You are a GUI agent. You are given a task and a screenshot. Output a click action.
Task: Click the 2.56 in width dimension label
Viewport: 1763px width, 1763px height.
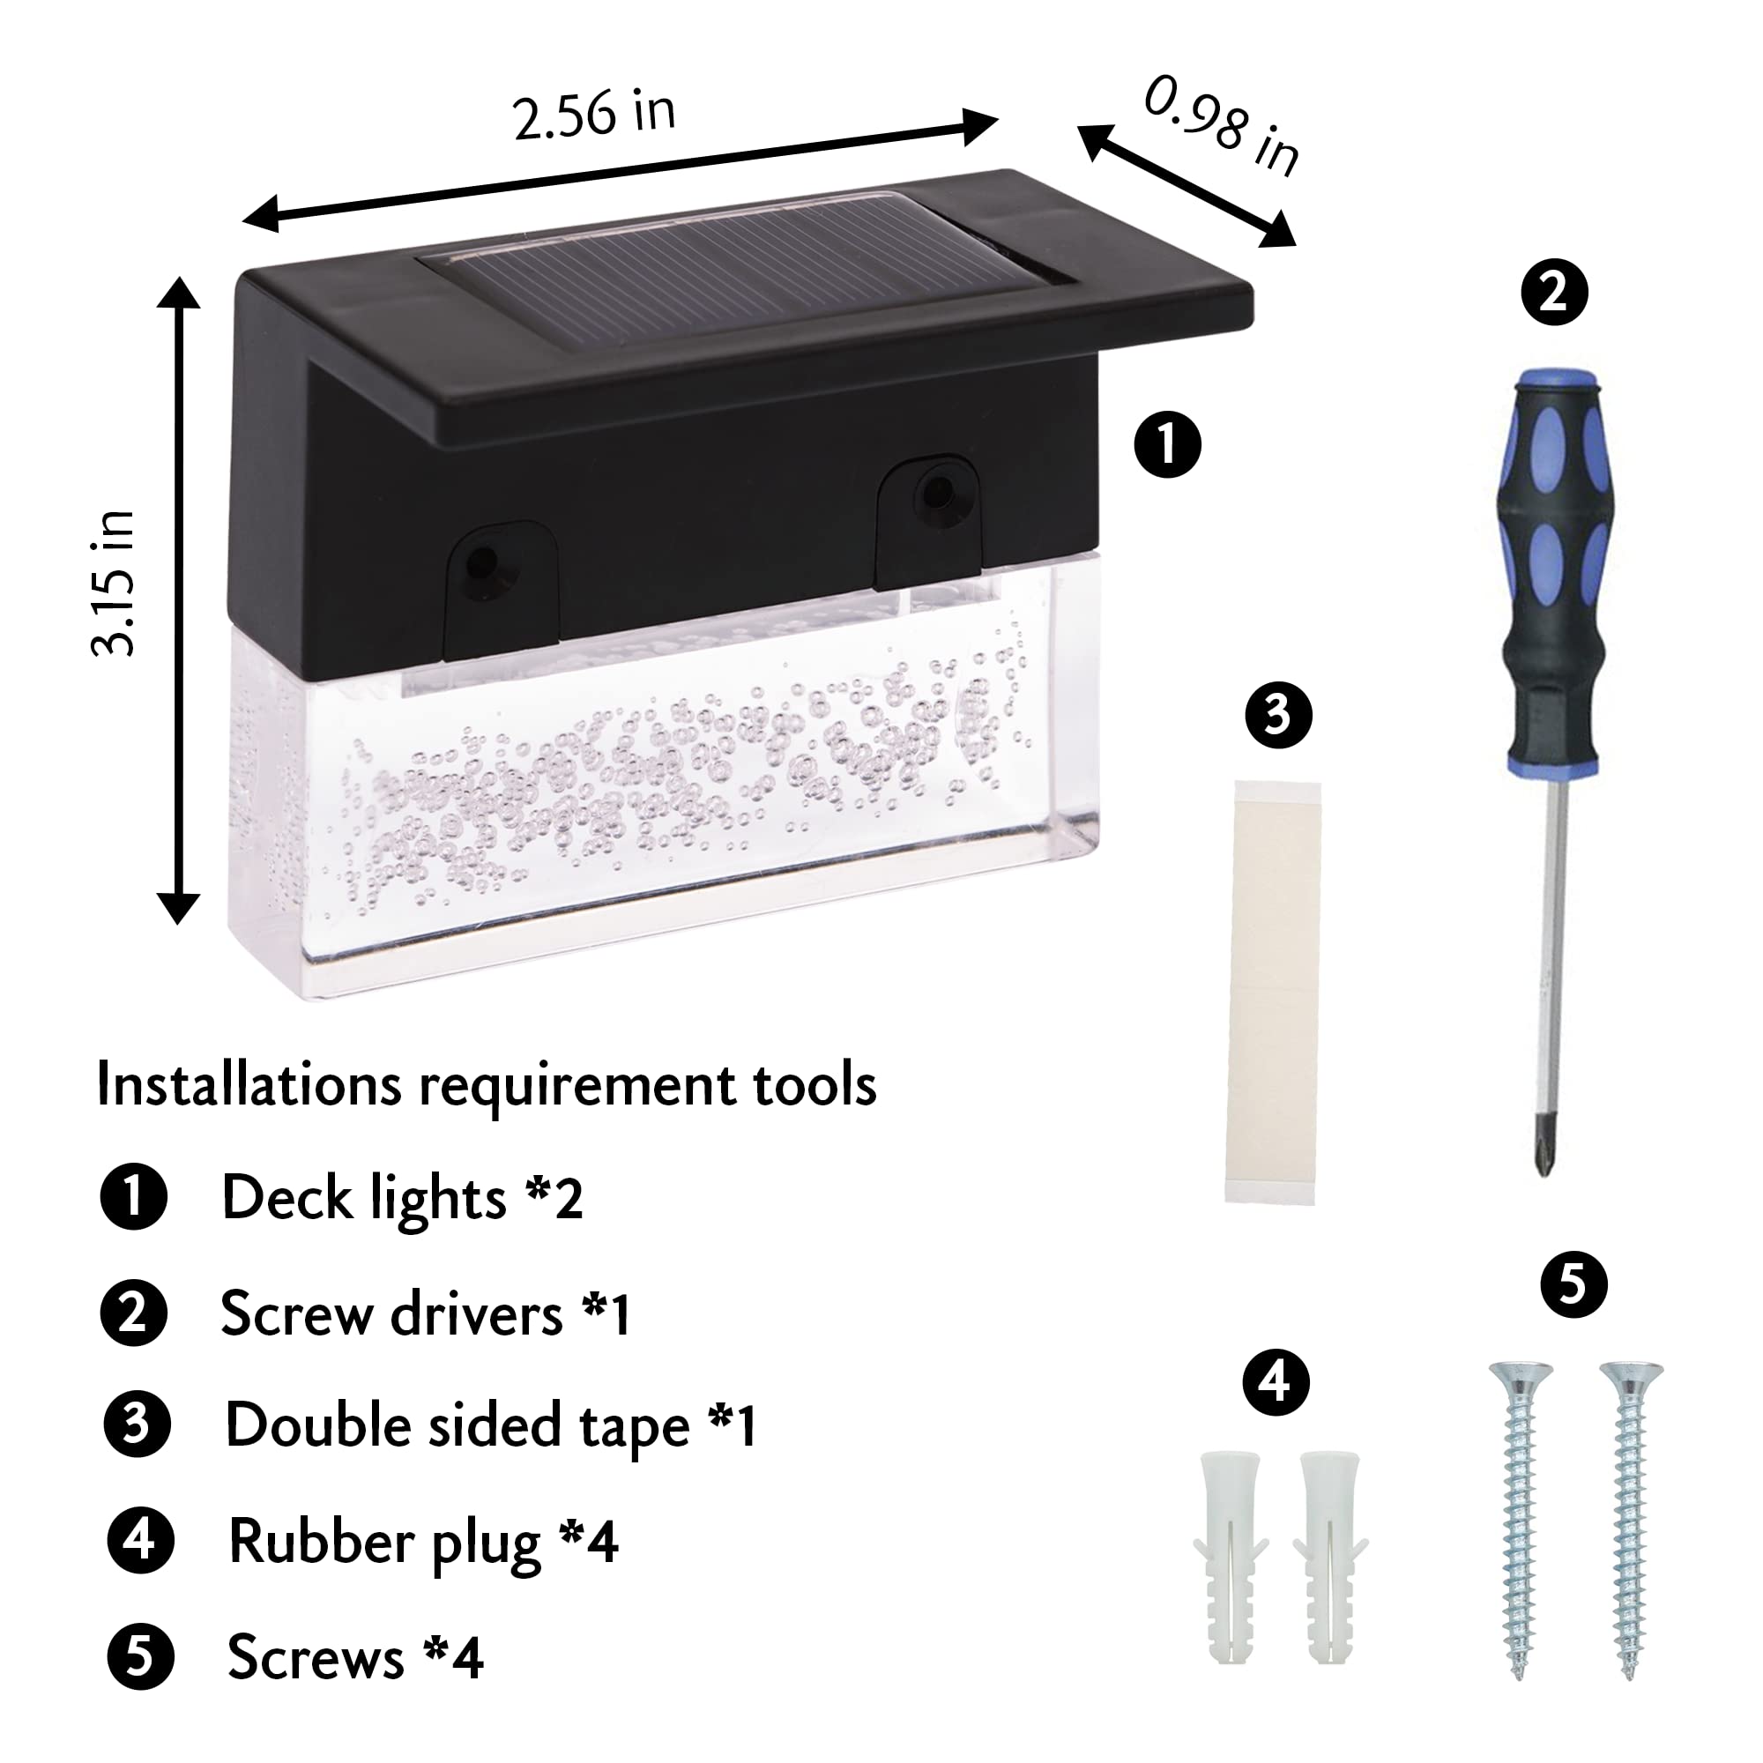click(x=594, y=115)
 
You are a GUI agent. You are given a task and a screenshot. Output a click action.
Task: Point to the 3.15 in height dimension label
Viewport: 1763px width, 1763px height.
click(x=113, y=584)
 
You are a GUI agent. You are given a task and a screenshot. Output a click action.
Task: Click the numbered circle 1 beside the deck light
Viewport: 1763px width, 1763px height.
click(x=1167, y=444)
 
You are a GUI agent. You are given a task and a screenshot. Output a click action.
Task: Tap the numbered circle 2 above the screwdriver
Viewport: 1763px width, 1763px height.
click(x=1554, y=292)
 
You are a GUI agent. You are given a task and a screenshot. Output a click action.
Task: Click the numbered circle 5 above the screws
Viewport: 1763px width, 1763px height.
click(x=1573, y=1285)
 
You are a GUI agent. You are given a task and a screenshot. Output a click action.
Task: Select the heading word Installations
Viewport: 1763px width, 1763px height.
click(x=249, y=1085)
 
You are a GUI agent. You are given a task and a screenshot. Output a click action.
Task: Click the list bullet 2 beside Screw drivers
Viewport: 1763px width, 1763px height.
click(x=134, y=1314)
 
